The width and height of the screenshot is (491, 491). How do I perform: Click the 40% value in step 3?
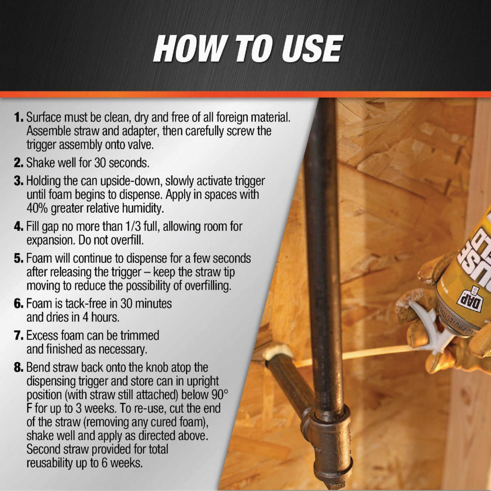coord(37,208)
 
